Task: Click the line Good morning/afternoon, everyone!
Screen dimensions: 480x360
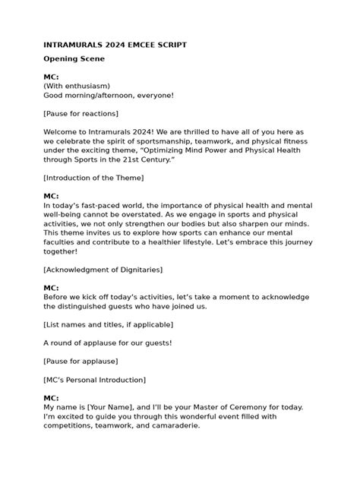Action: pos(109,95)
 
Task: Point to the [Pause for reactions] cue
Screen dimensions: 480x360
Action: pos(81,114)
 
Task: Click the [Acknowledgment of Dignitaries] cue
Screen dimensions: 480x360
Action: pos(103,270)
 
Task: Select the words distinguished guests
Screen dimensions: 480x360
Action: pos(102,306)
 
